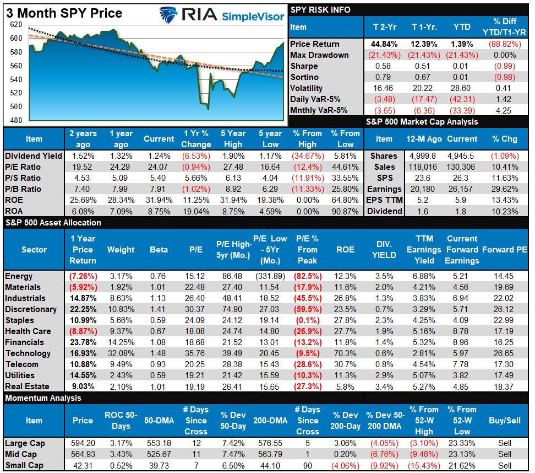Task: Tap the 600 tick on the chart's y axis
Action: click(x=16, y=38)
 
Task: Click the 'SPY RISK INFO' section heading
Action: click(x=321, y=10)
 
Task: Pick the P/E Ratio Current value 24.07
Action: click(x=159, y=167)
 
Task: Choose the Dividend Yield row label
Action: click(x=34, y=156)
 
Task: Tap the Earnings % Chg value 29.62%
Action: click(x=505, y=189)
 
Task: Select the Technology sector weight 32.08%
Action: click(x=121, y=353)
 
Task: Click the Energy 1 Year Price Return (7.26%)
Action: click(x=83, y=276)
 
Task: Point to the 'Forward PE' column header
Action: click(x=505, y=250)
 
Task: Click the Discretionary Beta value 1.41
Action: click(x=159, y=309)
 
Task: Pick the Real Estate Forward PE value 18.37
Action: click(x=505, y=386)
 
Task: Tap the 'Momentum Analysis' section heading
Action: click(x=43, y=398)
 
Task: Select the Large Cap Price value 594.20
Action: click(x=83, y=443)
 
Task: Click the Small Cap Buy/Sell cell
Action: click(x=505, y=465)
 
